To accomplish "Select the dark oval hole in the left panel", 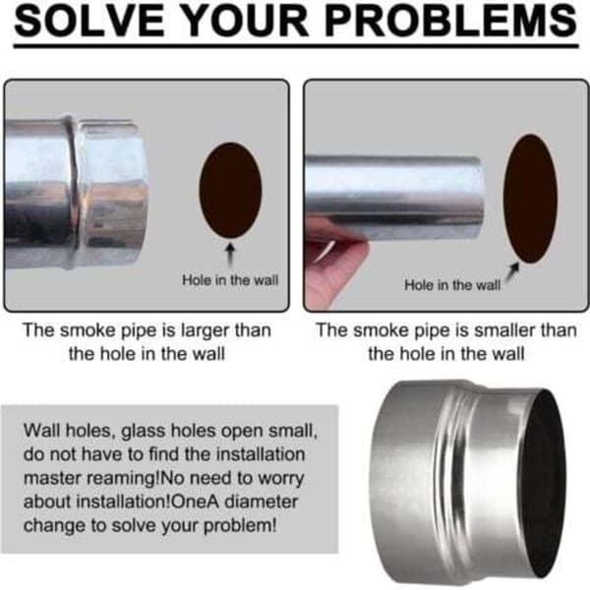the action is point(230,190).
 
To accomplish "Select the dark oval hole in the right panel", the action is point(531,199).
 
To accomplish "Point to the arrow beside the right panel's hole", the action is point(512,271).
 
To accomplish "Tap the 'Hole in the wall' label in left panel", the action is point(230,280).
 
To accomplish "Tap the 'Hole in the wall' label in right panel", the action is point(452,285).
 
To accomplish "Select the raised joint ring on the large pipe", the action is point(74,192).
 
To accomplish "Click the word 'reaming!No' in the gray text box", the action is point(130,479).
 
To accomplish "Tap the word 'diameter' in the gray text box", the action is point(262,501).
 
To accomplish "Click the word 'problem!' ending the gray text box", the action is point(240,526).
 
